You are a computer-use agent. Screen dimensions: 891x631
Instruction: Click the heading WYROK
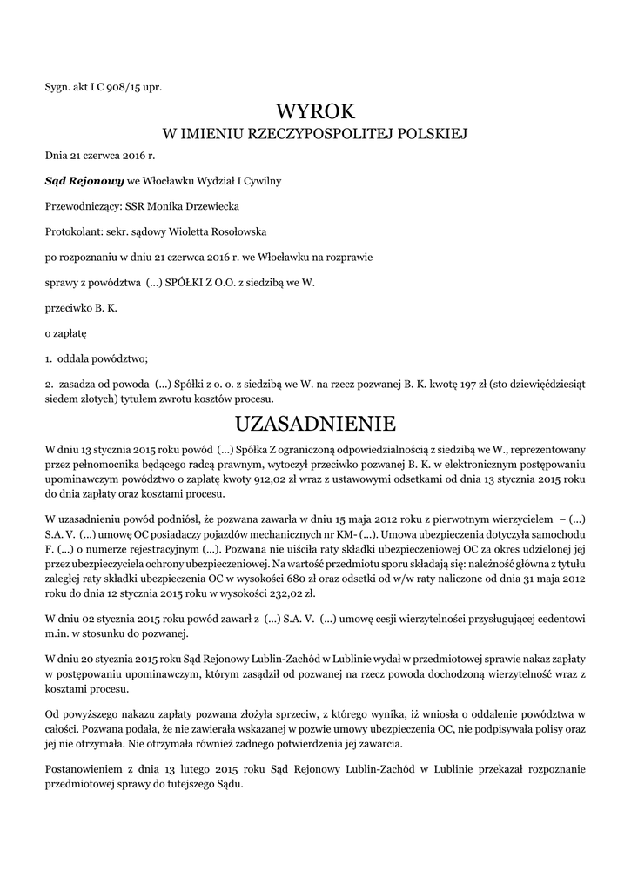click(316, 111)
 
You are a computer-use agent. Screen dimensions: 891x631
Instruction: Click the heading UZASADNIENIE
click(316, 425)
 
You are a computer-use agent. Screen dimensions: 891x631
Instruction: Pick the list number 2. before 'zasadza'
click(49, 384)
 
